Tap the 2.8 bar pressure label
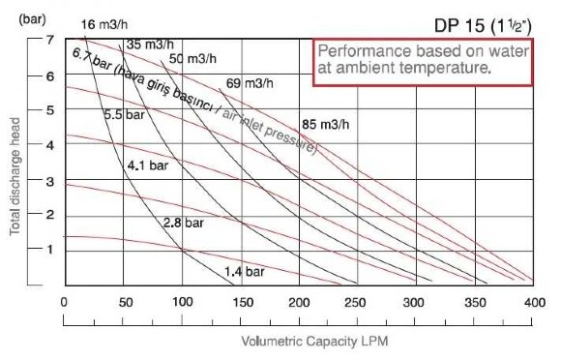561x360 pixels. point(184,223)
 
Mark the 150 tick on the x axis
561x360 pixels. point(241,302)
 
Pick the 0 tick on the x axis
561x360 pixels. point(64,302)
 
